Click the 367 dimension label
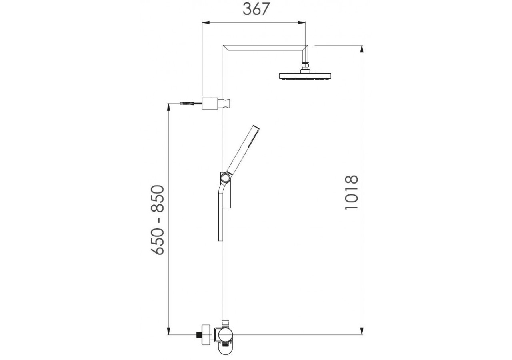[256, 9]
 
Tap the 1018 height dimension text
[351, 192]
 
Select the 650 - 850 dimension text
[158, 220]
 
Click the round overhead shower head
[305, 76]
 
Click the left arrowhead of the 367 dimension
[206, 22]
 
